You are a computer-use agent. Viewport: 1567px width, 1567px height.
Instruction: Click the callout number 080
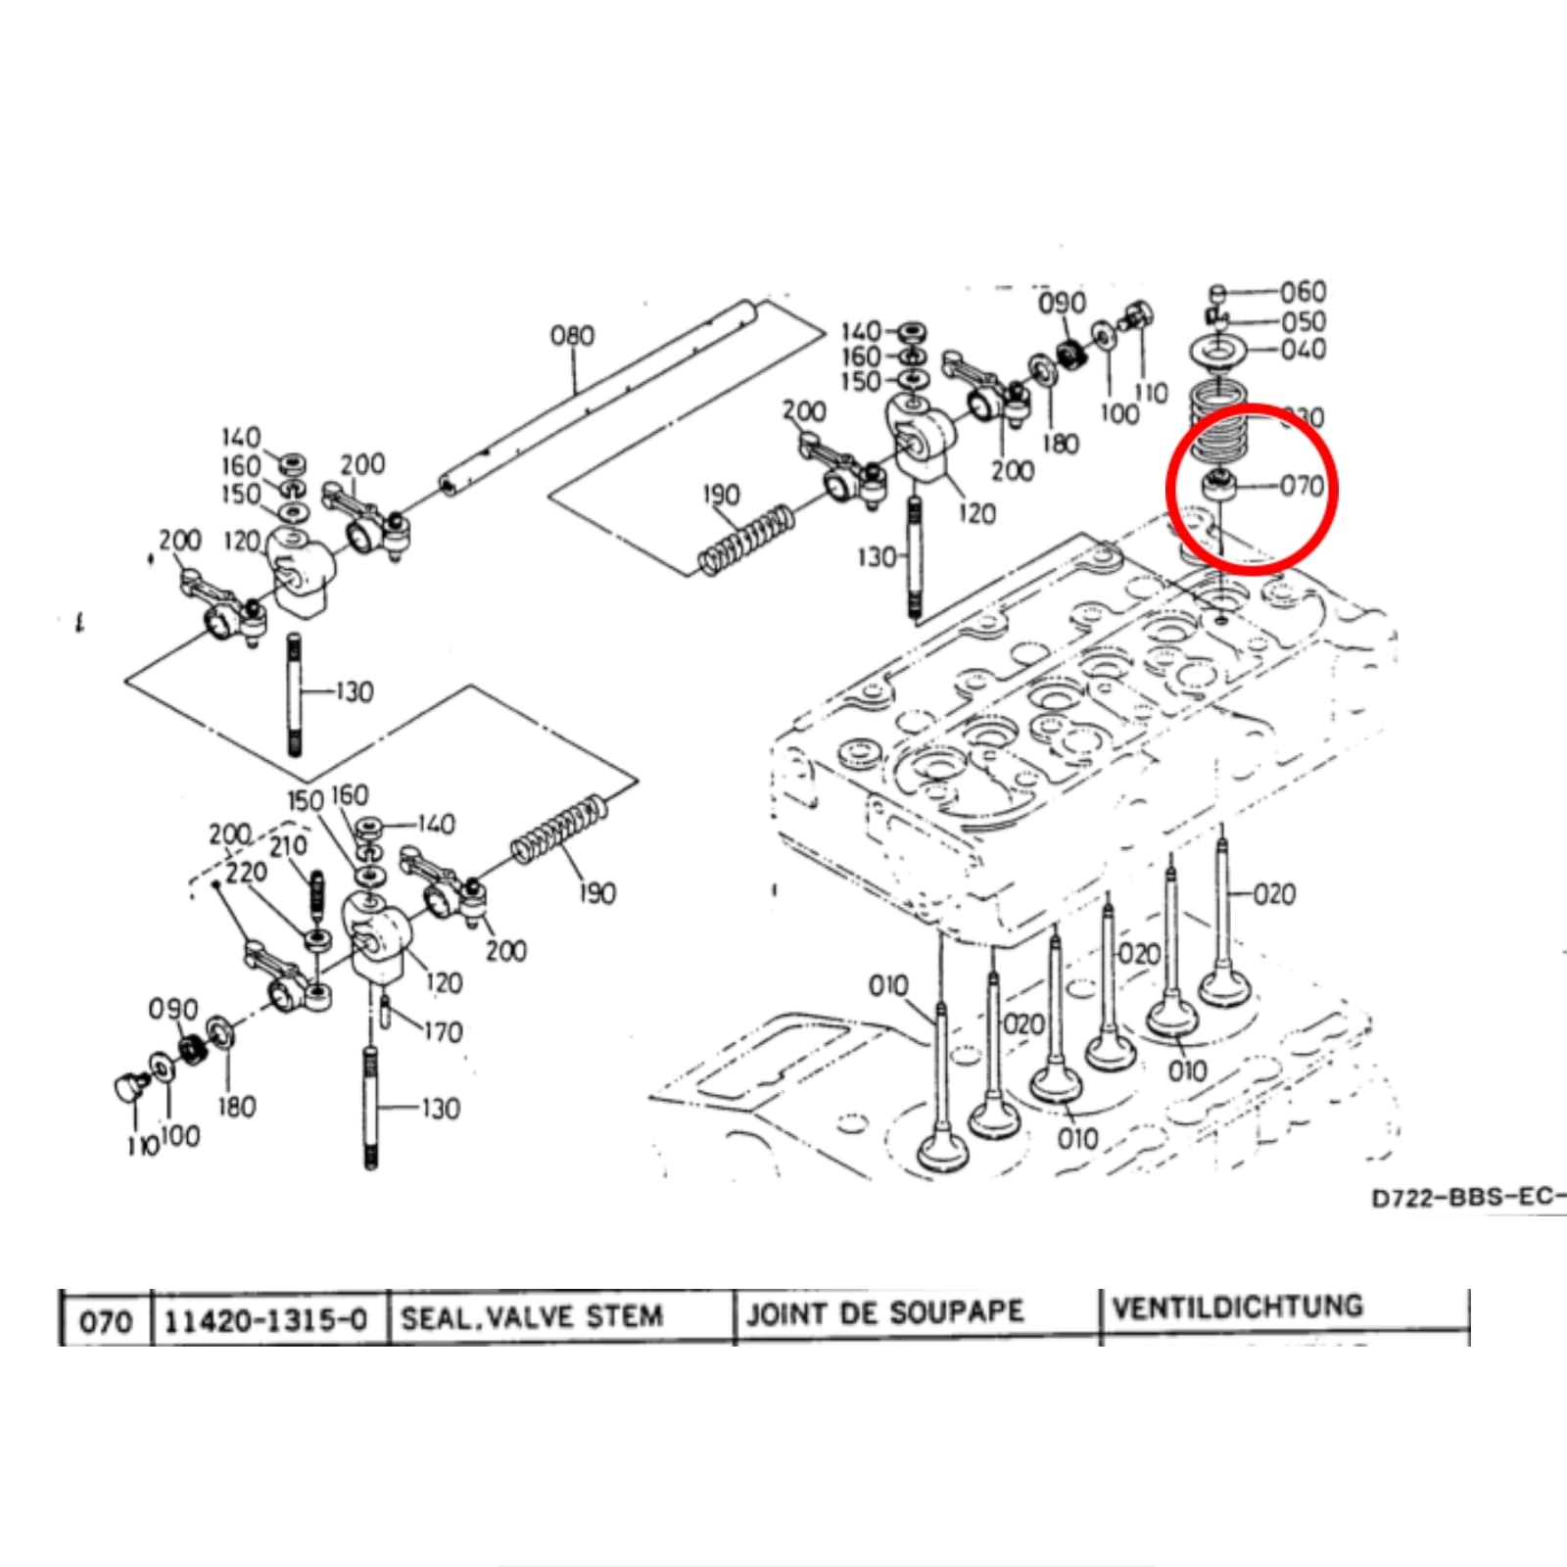pos(572,336)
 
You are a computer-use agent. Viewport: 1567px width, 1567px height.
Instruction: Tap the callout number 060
pos(1303,292)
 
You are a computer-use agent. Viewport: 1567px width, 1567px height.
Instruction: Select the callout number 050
pos(1304,321)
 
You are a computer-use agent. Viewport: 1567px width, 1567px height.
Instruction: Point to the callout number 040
pos(1304,350)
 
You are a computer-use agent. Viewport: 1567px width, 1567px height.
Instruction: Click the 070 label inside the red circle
pos(1302,486)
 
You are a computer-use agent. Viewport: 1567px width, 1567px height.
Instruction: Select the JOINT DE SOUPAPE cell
pos(884,1313)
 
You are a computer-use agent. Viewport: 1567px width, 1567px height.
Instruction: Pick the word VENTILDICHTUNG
pos(1238,1307)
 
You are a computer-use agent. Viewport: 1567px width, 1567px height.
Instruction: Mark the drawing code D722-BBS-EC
pos(1467,1198)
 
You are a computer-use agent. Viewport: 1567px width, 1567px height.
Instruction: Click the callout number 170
pos(443,1031)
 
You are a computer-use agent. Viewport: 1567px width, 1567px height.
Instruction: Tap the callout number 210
pos(288,846)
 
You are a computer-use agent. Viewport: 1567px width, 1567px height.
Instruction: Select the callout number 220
pos(246,873)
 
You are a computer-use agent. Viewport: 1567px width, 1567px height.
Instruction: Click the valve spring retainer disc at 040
pos(1216,350)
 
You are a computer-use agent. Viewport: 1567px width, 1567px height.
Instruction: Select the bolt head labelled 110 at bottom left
pos(127,1086)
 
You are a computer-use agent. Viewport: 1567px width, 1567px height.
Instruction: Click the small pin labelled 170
pos(386,1012)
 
